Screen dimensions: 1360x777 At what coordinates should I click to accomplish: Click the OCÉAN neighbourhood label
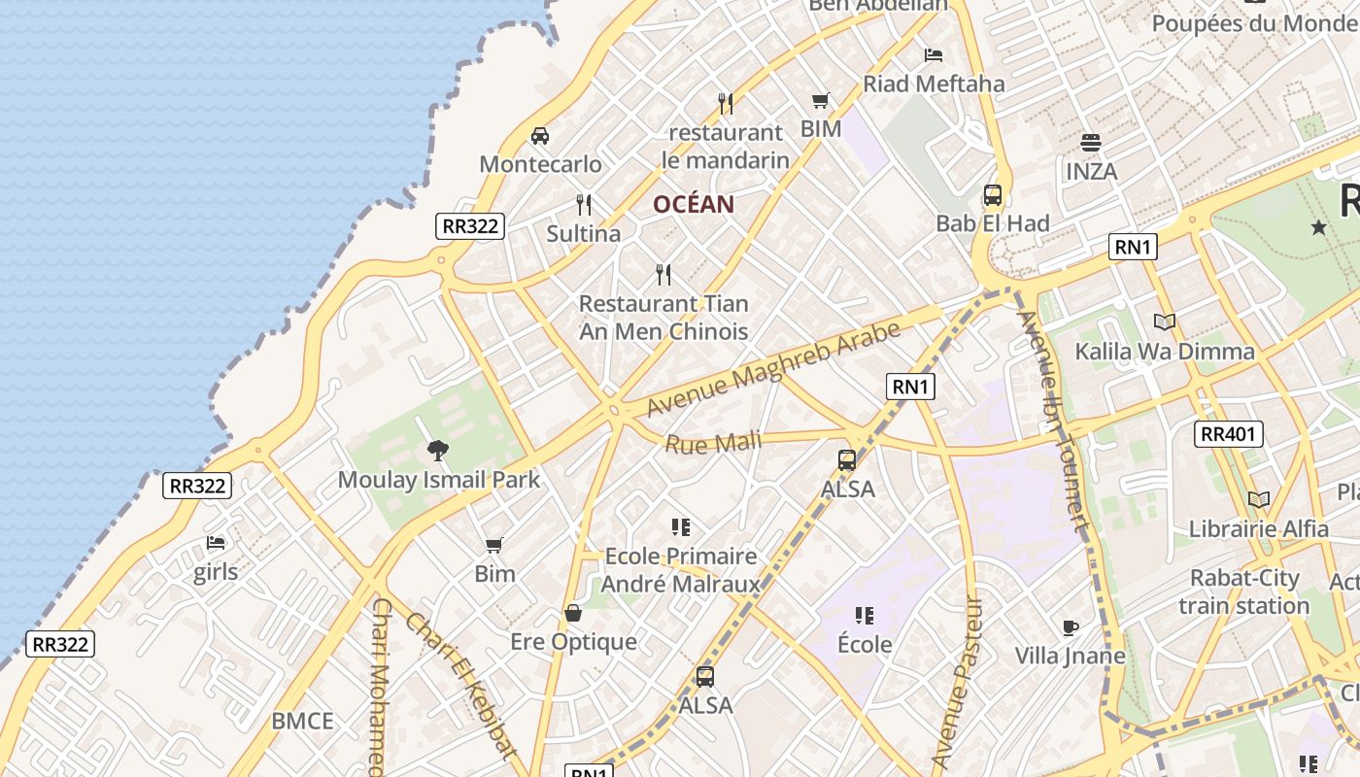pyautogui.click(x=693, y=204)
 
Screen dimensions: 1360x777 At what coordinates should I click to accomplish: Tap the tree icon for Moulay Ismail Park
pyautogui.click(x=438, y=451)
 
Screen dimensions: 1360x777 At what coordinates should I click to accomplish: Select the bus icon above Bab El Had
pyautogui.click(x=993, y=195)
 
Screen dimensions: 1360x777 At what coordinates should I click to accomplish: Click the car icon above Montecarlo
pyautogui.click(x=540, y=136)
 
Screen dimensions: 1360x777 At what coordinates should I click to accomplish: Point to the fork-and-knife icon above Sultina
pyautogui.click(x=584, y=205)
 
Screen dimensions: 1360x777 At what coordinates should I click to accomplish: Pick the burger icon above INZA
pyautogui.click(x=1091, y=143)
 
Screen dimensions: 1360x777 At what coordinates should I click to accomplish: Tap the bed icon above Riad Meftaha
pyautogui.click(x=934, y=55)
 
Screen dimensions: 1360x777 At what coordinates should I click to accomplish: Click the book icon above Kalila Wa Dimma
pyautogui.click(x=1164, y=321)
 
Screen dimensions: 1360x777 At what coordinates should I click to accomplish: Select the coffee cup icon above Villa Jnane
pyautogui.click(x=1070, y=627)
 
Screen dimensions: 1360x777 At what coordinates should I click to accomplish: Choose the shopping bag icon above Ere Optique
pyautogui.click(x=573, y=613)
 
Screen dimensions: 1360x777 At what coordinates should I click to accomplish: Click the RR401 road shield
pyautogui.click(x=1228, y=434)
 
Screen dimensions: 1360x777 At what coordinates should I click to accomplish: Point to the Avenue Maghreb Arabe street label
pyautogui.click(x=773, y=369)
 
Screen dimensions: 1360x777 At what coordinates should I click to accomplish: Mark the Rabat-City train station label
pyautogui.click(x=1244, y=591)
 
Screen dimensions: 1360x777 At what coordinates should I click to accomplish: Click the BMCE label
pyautogui.click(x=302, y=721)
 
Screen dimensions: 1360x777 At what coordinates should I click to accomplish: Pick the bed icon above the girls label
pyautogui.click(x=216, y=543)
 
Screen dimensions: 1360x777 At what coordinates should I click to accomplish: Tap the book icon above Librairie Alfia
pyautogui.click(x=1259, y=499)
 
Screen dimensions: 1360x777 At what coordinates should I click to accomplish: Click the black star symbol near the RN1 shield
pyautogui.click(x=1318, y=227)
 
